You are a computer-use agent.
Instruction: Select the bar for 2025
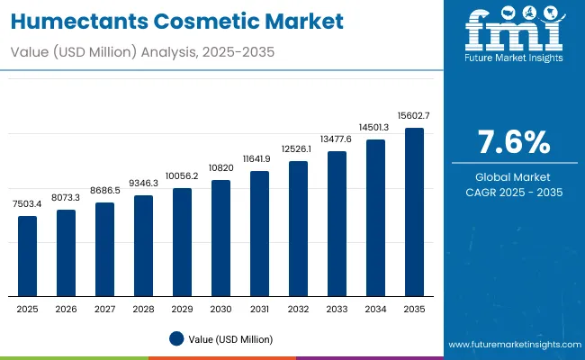point(28,256)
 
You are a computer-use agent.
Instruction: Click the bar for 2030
point(220,238)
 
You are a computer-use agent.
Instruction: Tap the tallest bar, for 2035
point(414,211)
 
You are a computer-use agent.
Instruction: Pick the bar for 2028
point(144,246)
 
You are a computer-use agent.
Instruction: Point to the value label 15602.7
point(414,115)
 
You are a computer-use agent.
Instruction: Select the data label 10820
point(220,167)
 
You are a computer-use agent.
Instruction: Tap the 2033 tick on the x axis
point(337,309)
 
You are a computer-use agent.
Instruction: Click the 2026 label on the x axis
point(67,309)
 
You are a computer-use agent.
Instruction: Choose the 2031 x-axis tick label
point(259,309)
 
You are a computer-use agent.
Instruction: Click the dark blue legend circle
point(176,338)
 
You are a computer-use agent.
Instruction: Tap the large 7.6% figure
point(513,142)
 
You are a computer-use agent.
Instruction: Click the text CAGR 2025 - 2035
point(513,193)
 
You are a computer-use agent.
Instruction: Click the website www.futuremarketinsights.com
point(510,345)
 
